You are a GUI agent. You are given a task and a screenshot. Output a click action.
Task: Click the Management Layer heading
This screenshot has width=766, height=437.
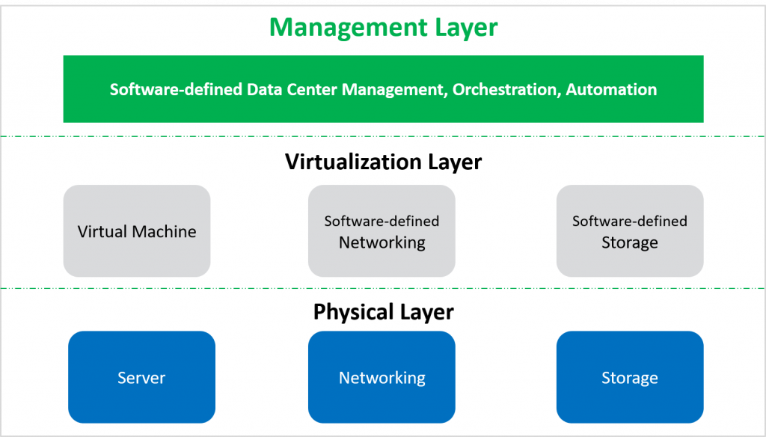click(383, 28)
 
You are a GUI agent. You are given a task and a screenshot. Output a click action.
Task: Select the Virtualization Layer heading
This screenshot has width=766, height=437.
click(383, 162)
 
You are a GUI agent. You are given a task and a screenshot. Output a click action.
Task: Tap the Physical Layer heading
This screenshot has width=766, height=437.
click(383, 311)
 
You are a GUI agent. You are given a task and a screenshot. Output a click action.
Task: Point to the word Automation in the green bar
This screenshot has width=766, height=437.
click(611, 90)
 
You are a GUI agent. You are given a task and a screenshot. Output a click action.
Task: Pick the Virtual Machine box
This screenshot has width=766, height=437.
click(137, 231)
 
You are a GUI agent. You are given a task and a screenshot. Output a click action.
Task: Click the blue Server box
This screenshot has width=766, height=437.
click(141, 377)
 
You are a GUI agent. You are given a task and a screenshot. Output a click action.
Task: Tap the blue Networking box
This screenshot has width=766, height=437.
click(382, 377)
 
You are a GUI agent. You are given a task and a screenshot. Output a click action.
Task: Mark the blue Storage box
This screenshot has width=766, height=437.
click(630, 377)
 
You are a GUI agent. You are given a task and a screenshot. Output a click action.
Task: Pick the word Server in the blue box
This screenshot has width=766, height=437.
click(141, 378)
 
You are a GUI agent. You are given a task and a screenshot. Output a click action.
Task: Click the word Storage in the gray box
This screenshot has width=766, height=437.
click(630, 242)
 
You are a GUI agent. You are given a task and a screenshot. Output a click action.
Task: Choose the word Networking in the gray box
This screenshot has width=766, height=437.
click(382, 242)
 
